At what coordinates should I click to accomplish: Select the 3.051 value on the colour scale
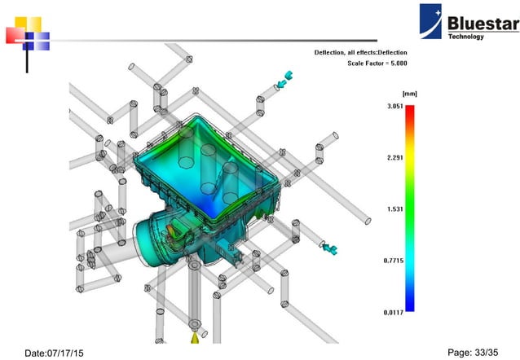click(x=393, y=108)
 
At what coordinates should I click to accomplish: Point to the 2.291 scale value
click(x=393, y=158)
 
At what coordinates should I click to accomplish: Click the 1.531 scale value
click(x=393, y=209)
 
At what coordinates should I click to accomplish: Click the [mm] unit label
click(x=409, y=94)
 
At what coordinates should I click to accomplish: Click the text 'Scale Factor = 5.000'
click(x=377, y=63)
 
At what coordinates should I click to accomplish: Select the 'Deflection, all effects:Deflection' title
click(x=360, y=52)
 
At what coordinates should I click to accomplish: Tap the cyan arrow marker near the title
click(x=284, y=80)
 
